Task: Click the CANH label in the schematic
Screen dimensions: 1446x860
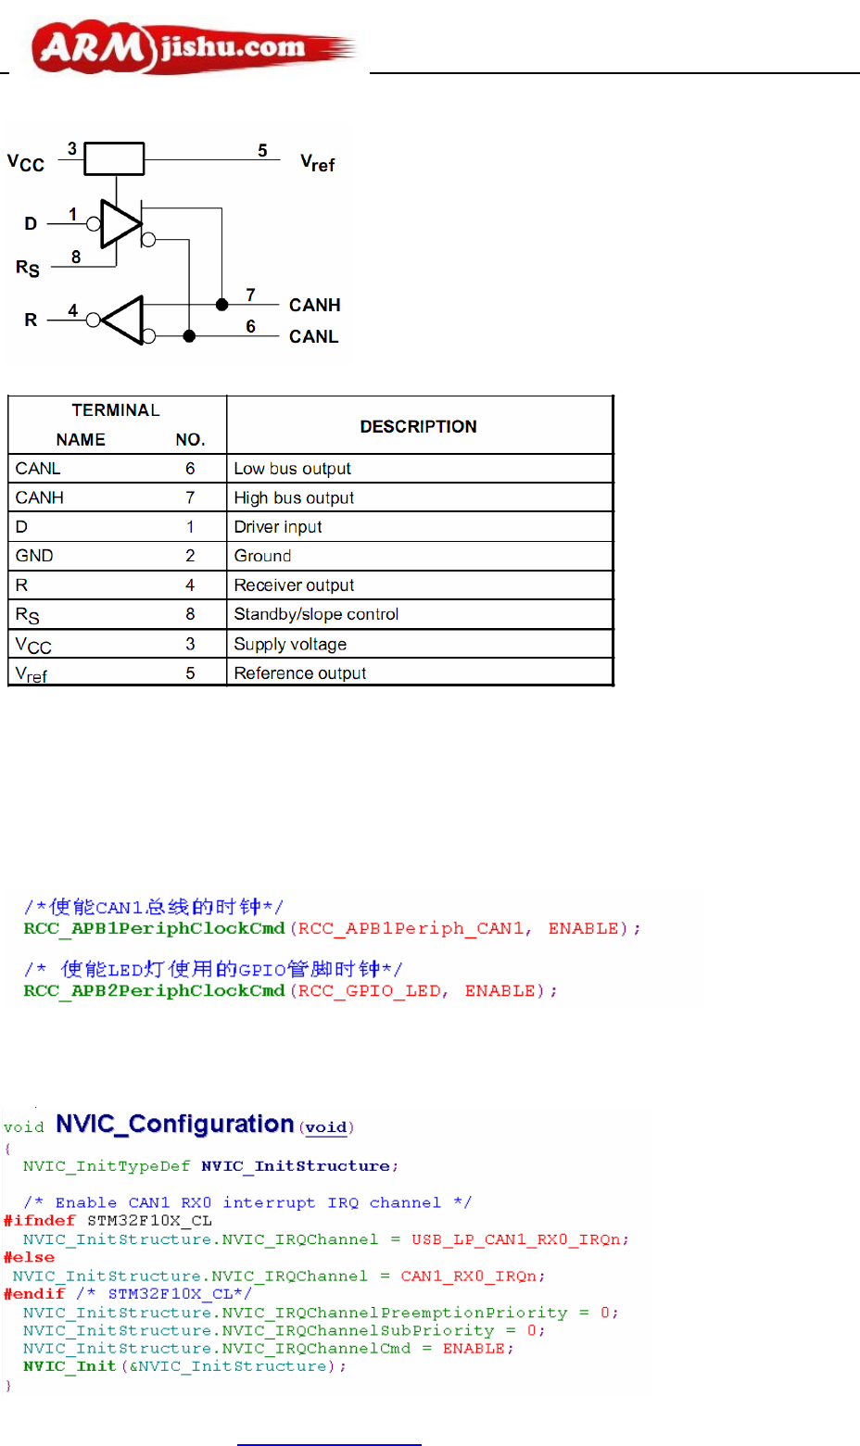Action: click(314, 305)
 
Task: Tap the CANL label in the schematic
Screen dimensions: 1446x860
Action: click(313, 336)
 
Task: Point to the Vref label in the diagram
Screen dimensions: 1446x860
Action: click(317, 163)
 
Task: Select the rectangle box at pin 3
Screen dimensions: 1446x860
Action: click(114, 158)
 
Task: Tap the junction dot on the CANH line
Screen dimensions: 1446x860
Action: click(221, 304)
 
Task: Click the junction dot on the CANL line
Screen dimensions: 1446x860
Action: click(189, 336)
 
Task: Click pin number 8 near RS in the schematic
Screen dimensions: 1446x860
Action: click(76, 257)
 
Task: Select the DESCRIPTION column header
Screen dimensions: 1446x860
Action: click(418, 426)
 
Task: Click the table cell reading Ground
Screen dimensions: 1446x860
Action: click(262, 556)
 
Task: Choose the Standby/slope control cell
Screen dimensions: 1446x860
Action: click(316, 614)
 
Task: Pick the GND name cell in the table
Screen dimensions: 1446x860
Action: click(34, 556)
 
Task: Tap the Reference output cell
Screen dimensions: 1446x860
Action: click(299, 673)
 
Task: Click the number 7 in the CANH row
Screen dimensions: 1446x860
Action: click(190, 497)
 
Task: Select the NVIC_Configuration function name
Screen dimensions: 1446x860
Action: click(174, 1124)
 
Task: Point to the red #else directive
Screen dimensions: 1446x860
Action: click(29, 1257)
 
